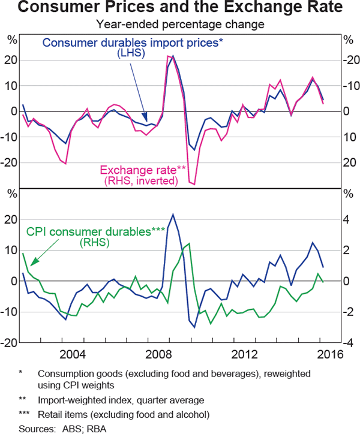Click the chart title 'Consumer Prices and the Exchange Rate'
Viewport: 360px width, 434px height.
pos(180,9)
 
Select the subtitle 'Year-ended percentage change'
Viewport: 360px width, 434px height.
pos(180,25)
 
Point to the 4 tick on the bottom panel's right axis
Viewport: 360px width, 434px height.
pos(347,219)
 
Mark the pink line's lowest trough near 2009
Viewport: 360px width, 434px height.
pos(194,184)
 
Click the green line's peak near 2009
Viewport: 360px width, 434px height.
pos(189,243)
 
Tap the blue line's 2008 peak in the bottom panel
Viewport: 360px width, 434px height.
pos(173,215)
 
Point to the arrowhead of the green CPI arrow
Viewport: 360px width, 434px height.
pos(31,264)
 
